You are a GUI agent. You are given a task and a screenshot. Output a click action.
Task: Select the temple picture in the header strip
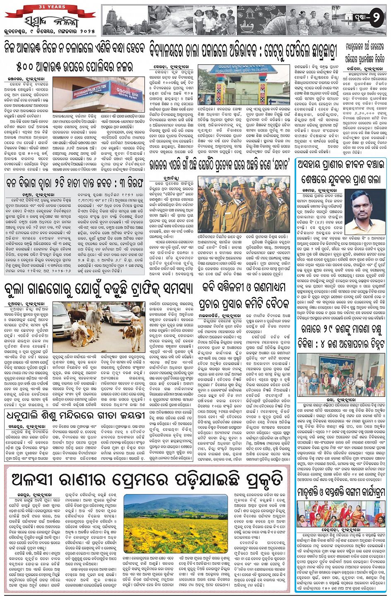pyautogui.click(x=124, y=20)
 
